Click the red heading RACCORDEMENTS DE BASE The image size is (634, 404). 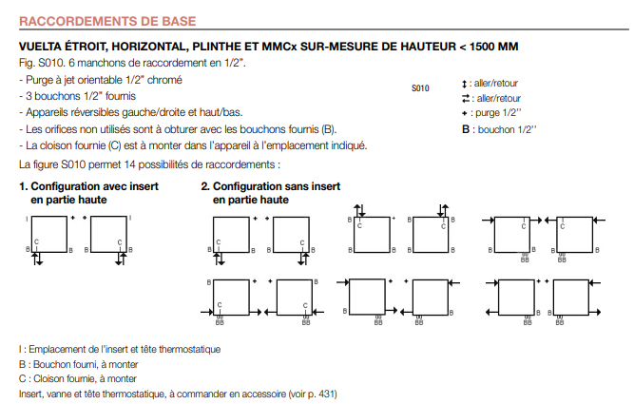pyautogui.click(x=107, y=21)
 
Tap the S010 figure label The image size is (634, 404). pyautogui.click(x=420, y=88)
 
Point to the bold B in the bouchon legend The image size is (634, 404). pyautogui.click(x=466, y=129)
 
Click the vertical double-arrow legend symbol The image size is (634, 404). pyautogui.click(x=464, y=84)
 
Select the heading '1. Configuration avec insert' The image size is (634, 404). pyautogui.click(x=88, y=186)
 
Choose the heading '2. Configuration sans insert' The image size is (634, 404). pyautogui.click(x=271, y=186)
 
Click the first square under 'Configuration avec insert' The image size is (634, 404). pyautogui.click(x=48, y=234)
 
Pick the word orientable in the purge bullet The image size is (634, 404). pyautogui.click(x=102, y=80)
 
